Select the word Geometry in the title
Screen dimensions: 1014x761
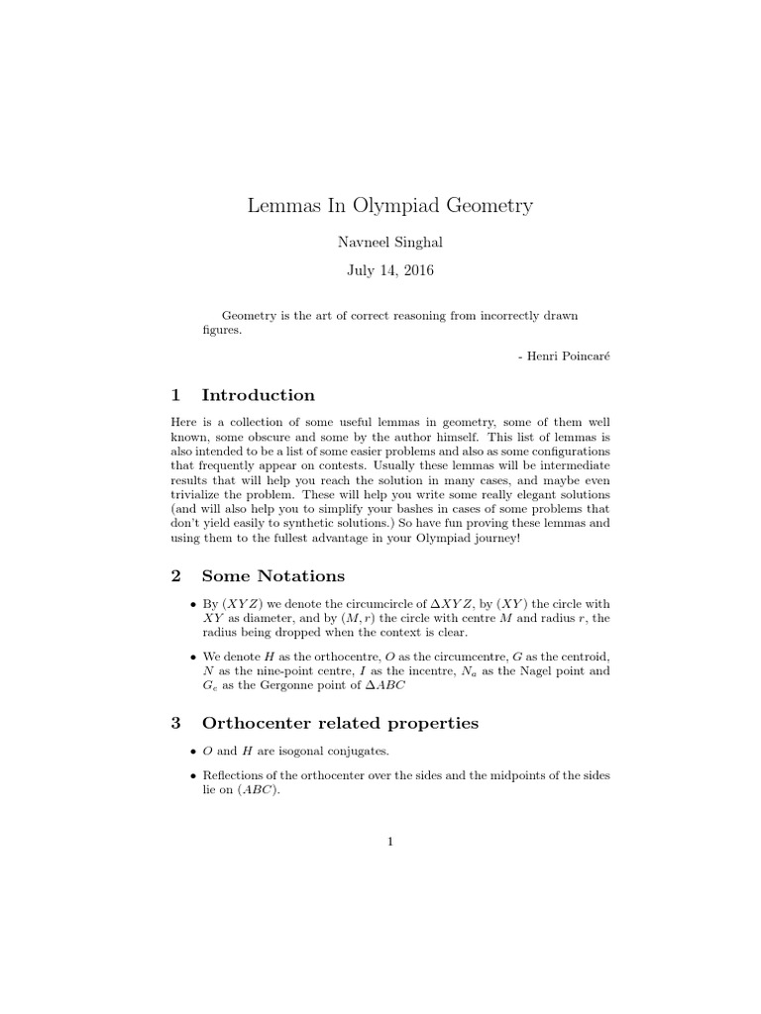click(x=489, y=206)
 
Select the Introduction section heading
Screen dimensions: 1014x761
click(x=258, y=395)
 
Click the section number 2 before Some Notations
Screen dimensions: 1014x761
click(x=175, y=575)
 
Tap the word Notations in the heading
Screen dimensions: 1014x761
click(x=300, y=575)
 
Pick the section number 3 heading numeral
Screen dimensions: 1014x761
click(x=175, y=723)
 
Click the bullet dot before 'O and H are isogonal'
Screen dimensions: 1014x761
click(x=191, y=753)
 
